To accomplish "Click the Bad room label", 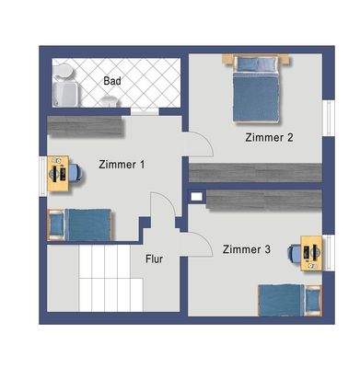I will coord(112,81).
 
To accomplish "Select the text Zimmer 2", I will coord(269,138).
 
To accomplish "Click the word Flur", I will coord(154,259).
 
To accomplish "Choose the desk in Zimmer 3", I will coord(315,252).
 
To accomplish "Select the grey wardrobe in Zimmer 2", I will coord(255,172).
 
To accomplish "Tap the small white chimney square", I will coord(194,195).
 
